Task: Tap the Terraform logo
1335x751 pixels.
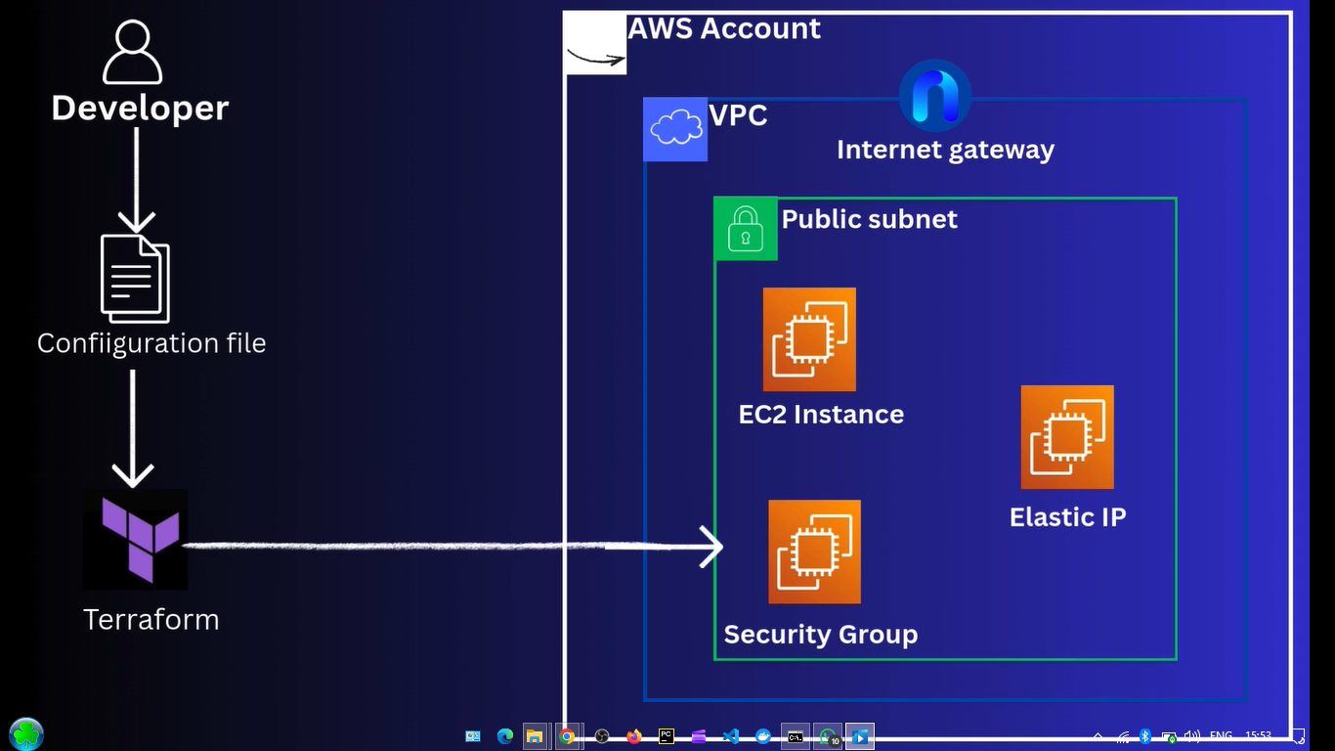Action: (x=135, y=539)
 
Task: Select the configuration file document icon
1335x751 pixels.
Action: (x=135, y=279)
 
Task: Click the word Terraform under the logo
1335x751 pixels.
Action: (x=151, y=619)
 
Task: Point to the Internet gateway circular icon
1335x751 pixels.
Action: (x=935, y=95)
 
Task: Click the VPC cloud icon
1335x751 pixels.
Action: (x=675, y=129)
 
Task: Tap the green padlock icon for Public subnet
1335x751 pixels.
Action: (x=745, y=229)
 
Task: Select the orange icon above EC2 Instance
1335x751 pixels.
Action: (x=809, y=339)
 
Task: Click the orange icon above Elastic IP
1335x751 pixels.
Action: (x=1067, y=437)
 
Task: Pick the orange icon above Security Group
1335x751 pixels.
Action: (x=814, y=552)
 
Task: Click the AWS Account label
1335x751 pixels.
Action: (x=723, y=28)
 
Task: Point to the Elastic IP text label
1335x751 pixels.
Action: (x=1067, y=516)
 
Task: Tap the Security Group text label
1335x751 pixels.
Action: (x=820, y=634)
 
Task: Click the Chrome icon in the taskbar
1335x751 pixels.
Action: (x=567, y=736)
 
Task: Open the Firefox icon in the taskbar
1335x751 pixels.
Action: (x=634, y=736)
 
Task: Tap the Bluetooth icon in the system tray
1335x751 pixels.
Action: (x=1145, y=736)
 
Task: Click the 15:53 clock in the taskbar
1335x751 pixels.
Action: (x=1259, y=736)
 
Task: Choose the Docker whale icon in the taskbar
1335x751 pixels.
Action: (x=763, y=736)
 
